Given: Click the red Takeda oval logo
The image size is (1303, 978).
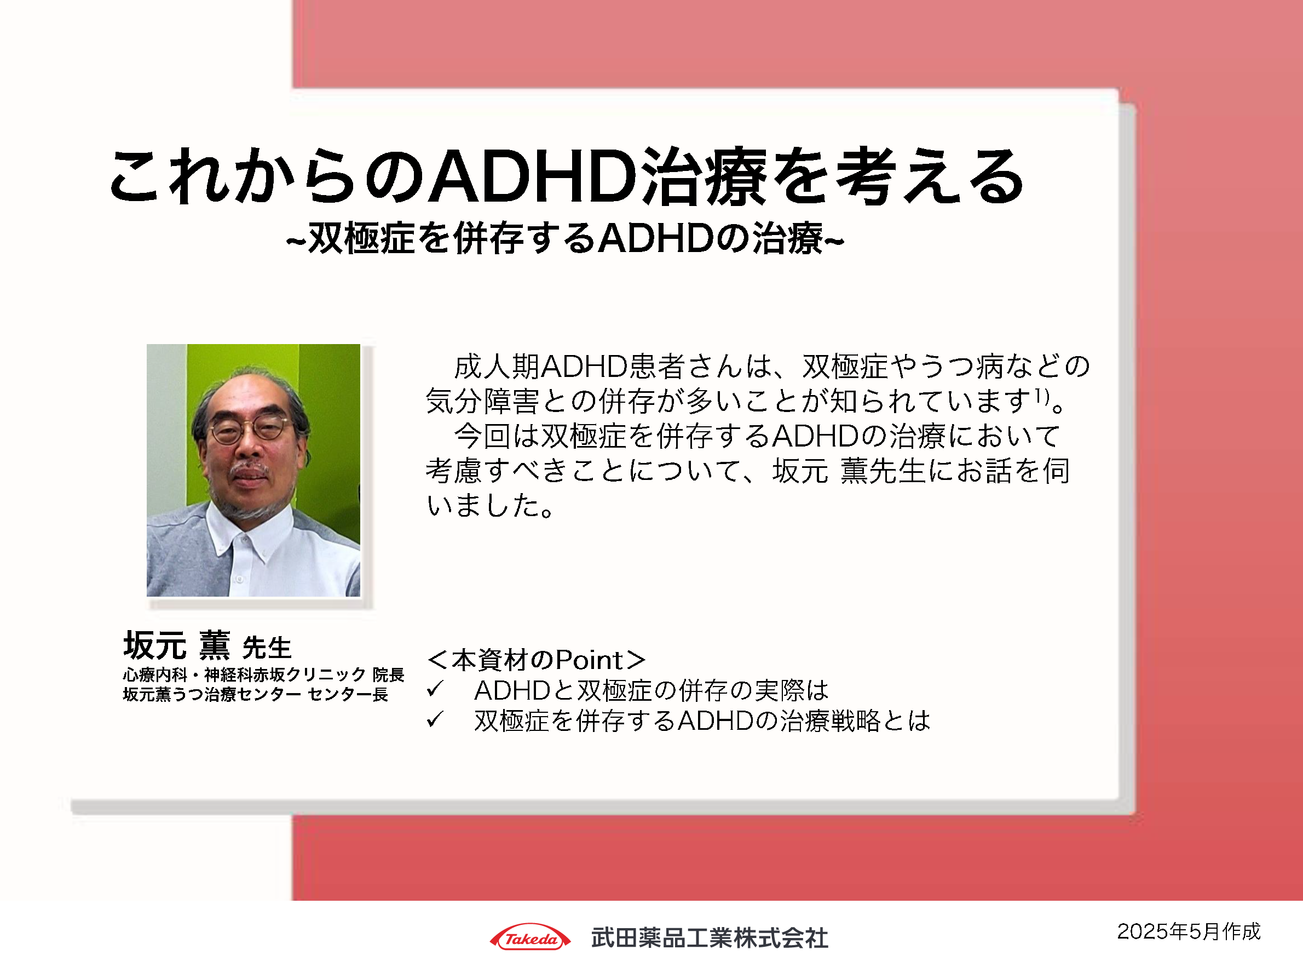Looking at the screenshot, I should tap(529, 938).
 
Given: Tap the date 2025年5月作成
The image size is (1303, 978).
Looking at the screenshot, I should tap(1189, 931).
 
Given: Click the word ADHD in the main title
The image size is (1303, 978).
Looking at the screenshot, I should tap(534, 177).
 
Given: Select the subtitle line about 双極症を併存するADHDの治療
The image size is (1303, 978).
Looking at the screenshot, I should tap(565, 239).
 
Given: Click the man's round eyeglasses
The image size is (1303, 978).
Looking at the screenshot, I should tap(250, 429).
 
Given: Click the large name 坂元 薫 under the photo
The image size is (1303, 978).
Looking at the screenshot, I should tap(177, 645).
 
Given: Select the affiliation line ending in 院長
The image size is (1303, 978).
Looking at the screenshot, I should tap(263, 674).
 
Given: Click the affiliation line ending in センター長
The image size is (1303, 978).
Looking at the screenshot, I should tap(255, 694).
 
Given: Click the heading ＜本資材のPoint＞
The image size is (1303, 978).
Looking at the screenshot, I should tap(536, 660).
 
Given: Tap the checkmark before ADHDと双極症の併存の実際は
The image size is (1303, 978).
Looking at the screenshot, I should tap(435, 689).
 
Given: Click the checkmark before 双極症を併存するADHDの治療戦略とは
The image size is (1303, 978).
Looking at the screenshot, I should tap(435, 719).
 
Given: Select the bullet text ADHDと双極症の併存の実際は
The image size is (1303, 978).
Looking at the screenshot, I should tap(651, 690).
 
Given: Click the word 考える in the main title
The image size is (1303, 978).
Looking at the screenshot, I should tap(931, 177).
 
